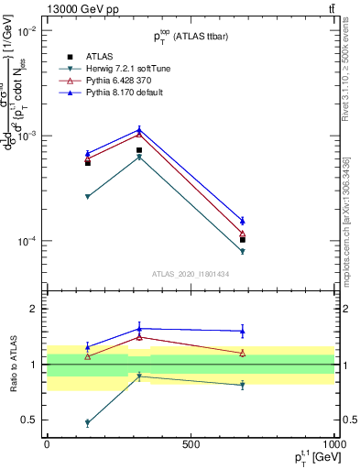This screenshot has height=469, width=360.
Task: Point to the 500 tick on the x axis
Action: pyautogui.click(x=191, y=443)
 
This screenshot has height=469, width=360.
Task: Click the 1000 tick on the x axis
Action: pyautogui.click(x=333, y=443)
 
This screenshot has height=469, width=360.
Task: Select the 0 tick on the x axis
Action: pyautogui.click(x=47, y=443)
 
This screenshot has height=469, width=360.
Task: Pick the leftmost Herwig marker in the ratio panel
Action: pyautogui.click(x=88, y=423)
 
